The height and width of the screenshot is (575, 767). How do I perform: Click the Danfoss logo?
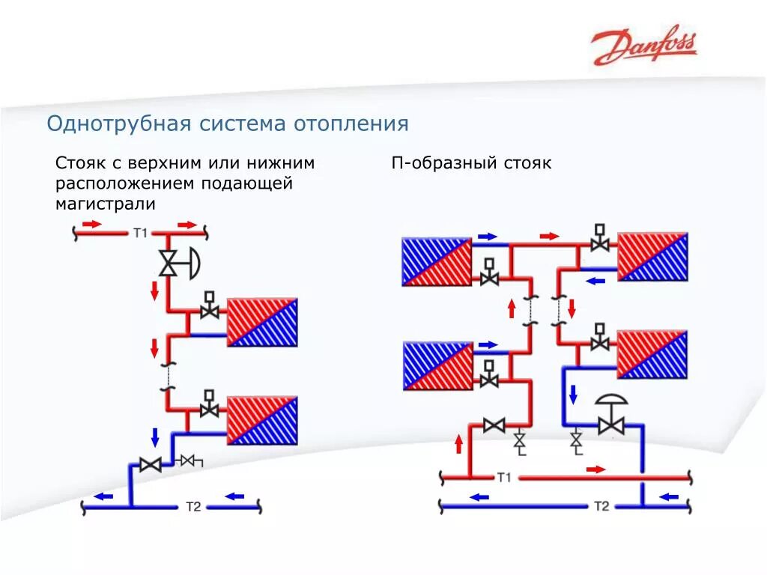[x=643, y=46]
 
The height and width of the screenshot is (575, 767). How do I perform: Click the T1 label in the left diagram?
[x=141, y=233]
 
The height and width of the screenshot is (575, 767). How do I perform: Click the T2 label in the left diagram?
[x=193, y=507]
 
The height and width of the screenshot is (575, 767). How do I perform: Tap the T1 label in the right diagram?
[x=503, y=477]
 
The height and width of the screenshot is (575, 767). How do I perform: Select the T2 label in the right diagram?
[x=601, y=506]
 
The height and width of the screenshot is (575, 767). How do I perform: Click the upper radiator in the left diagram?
[x=262, y=322]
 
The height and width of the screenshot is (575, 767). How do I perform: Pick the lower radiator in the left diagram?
[x=262, y=420]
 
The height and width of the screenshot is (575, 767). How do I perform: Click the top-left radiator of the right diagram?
[x=437, y=261]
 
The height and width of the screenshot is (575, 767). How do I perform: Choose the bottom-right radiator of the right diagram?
[x=652, y=354]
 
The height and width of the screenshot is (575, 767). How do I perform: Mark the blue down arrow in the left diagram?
[x=156, y=436]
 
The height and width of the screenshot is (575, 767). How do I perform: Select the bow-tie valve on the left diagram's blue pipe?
[x=151, y=465]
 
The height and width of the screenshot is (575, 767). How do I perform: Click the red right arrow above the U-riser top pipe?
[x=550, y=236]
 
